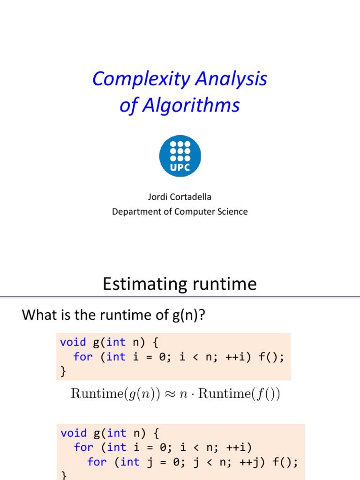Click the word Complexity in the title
(x=136, y=79)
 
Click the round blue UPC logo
(x=180, y=156)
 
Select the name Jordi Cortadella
(x=180, y=197)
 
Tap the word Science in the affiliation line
(x=232, y=211)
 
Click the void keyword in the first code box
(x=73, y=342)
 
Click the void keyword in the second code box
(x=74, y=433)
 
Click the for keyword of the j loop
(x=97, y=462)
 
